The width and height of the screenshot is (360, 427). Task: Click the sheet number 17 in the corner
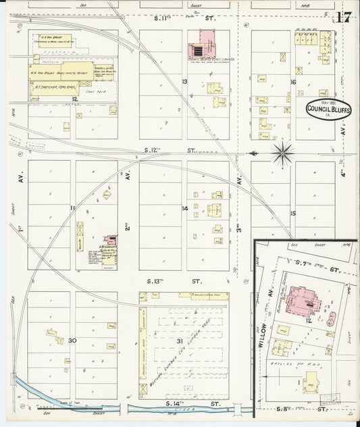[x=342, y=17]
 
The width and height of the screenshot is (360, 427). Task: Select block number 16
[x=292, y=82]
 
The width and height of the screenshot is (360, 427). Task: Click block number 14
[x=184, y=208]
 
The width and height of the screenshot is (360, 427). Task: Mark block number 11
[x=72, y=208]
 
